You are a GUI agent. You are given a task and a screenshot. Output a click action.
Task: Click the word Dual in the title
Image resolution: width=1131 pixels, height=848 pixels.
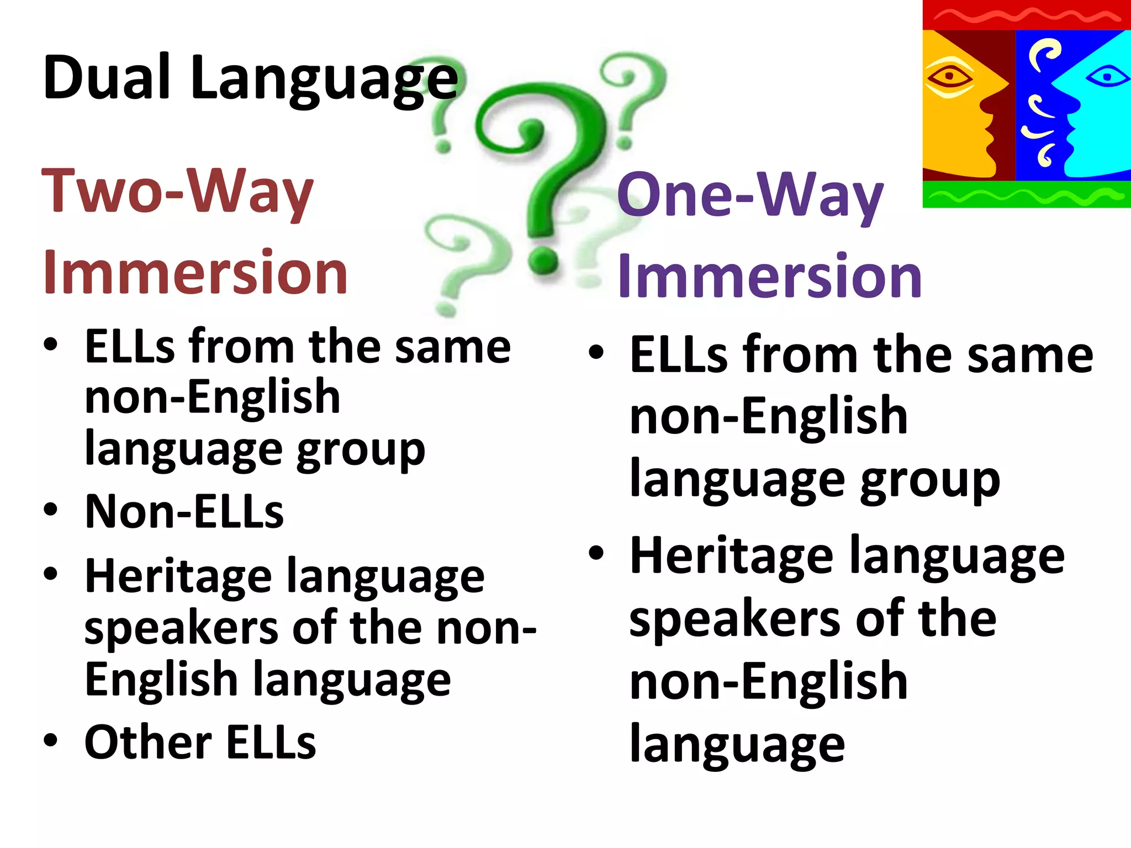(x=106, y=78)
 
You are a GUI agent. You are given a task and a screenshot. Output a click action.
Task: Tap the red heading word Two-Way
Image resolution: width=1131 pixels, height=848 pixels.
(x=177, y=192)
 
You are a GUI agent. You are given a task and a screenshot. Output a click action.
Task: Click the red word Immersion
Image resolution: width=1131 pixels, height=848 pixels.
(x=195, y=272)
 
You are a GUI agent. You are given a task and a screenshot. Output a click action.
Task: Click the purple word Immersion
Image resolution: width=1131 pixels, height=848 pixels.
(x=769, y=276)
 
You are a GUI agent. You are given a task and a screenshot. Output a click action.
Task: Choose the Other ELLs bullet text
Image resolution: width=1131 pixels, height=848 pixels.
(x=200, y=743)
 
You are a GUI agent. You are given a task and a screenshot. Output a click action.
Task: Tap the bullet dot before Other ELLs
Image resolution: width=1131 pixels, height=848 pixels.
(x=51, y=740)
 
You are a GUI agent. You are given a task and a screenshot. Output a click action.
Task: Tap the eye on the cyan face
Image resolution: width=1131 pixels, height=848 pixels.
(x=1107, y=77)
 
